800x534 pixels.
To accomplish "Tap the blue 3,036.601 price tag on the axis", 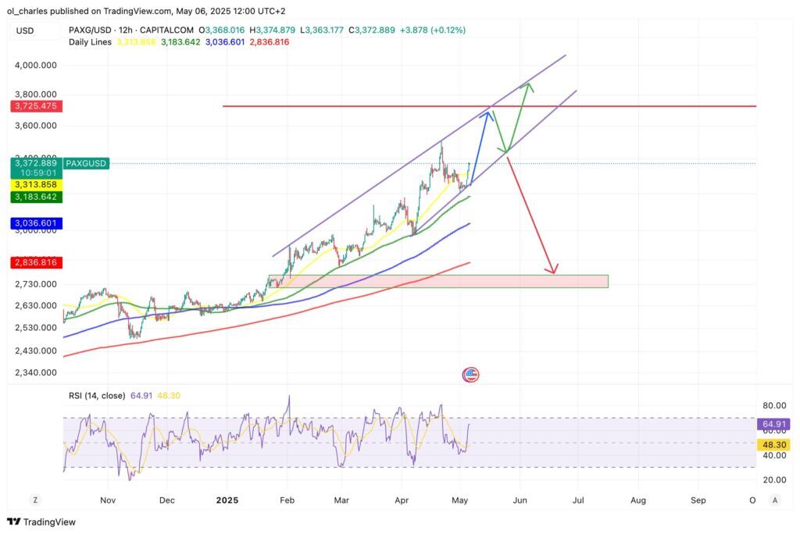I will point(35,223).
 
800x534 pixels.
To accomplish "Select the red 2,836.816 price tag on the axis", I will point(35,262).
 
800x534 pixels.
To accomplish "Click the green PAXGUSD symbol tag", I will point(87,163).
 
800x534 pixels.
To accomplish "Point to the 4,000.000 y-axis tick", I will point(35,66).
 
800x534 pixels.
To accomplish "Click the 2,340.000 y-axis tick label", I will point(35,372).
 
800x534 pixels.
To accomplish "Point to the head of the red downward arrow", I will point(554,273).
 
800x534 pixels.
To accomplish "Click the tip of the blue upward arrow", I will point(490,112).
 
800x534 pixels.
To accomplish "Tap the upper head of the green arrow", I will point(530,83).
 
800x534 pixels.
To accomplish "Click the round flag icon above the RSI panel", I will point(470,375).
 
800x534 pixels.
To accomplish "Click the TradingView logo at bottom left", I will point(41,522).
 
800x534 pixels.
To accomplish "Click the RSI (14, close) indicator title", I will point(96,396).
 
